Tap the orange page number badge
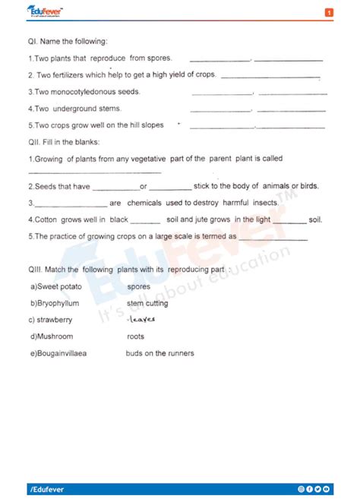click(329, 13)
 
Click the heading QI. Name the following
click(68, 41)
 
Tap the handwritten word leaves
click(141, 320)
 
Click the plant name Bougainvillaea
click(59, 353)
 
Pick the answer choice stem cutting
click(147, 303)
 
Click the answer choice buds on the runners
click(159, 353)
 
